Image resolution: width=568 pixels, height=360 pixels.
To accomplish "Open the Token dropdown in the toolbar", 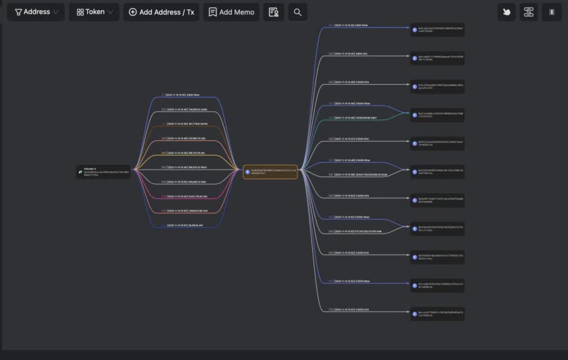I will [x=94, y=12].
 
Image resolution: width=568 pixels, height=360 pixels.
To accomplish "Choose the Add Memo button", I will [x=231, y=12].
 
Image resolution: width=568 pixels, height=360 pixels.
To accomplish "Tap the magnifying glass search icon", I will [x=297, y=12].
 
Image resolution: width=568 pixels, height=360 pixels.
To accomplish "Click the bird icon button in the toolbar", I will [x=507, y=12].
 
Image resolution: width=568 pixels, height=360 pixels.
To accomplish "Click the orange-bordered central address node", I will [x=270, y=172].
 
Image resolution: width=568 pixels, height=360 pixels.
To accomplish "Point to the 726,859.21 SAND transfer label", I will [x=186, y=110].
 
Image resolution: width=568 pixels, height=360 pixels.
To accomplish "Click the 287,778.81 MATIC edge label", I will [x=186, y=124].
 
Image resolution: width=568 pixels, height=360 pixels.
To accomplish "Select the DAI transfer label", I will [x=186, y=152].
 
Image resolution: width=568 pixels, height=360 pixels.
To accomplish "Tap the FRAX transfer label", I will [x=186, y=167].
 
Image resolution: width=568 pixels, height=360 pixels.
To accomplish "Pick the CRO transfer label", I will [x=186, y=182].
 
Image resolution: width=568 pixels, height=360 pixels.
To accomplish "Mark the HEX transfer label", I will [x=186, y=196].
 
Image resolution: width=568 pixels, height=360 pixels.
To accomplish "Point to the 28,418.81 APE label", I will [x=186, y=226].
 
